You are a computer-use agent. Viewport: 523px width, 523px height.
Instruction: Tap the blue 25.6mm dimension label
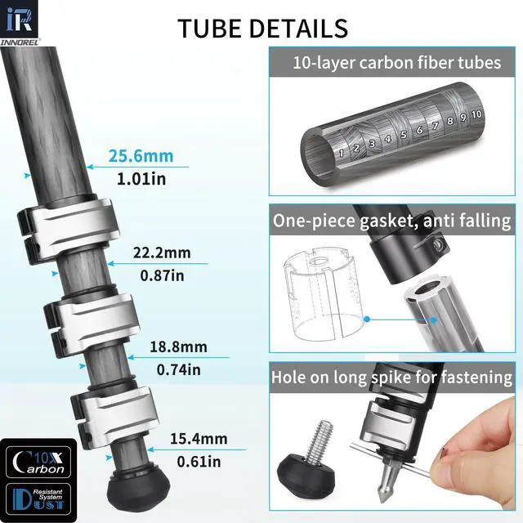[x=141, y=156]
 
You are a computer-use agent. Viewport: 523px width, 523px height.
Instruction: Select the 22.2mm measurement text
[x=162, y=253]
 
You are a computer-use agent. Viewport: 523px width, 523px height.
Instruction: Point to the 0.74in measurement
[x=179, y=370]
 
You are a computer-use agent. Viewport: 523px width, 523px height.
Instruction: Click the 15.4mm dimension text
[x=199, y=439]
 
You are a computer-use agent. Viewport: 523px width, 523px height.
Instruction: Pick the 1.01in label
[x=141, y=179]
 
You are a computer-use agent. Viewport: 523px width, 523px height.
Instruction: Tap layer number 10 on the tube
[x=476, y=114]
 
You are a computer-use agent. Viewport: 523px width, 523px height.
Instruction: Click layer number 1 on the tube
[x=341, y=154]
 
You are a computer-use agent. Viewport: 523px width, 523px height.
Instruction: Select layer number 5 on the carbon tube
[x=404, y=135]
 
